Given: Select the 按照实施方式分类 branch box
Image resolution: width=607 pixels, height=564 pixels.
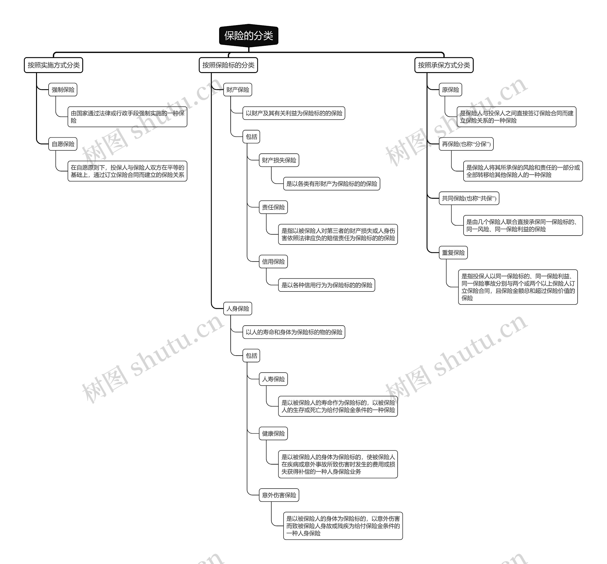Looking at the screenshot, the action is click(53, 65).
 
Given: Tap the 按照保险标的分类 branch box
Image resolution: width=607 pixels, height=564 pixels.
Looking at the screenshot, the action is click(228, 65).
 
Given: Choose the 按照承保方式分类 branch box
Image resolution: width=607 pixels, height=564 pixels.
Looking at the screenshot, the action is click(444, 65).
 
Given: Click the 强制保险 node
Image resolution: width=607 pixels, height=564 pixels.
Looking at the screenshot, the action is click(63, 90).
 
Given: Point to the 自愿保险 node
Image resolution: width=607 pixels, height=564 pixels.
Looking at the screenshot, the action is click(63, 144).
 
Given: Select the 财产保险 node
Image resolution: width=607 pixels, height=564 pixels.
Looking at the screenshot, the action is click(237, 90).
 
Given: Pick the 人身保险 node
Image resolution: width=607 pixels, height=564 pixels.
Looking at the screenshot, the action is click(237, 309).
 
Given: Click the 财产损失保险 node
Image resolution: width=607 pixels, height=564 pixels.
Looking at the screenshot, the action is click(279, 160).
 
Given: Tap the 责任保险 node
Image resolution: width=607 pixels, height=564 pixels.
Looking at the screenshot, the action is click(273, 207).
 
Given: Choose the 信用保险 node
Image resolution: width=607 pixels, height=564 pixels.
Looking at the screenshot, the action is click(273, 262).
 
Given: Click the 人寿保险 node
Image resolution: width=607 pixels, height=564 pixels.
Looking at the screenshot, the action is click(273, 379).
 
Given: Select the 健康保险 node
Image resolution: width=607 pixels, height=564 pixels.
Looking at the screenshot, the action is click(273, 433).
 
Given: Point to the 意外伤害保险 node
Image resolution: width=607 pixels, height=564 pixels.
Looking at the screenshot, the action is click(279, 495).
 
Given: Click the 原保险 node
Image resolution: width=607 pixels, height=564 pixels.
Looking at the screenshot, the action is click(451, 90).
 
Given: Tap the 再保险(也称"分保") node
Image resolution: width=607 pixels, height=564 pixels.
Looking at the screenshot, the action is click(466, 144).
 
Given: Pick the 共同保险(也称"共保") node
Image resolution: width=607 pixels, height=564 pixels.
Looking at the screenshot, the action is click(469, 198).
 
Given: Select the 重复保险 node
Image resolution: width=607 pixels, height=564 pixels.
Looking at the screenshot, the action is click(453, 253).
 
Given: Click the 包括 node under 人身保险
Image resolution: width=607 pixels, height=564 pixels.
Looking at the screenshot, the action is click(251, 356).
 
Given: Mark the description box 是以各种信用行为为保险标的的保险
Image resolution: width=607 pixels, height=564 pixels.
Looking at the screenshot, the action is click(326, 285).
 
